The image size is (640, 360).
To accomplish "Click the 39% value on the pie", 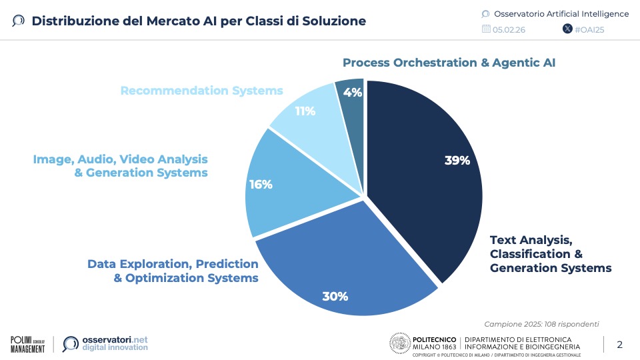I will (x=457, y=160).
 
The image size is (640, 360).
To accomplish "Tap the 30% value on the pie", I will (x=335, y=296).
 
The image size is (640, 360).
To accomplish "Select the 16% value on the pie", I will (x=261, y=185).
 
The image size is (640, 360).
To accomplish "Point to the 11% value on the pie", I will (x=305, y=111).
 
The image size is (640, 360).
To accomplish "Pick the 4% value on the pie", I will (x=353, y=93).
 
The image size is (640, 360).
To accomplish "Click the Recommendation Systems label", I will (x=201, y=91).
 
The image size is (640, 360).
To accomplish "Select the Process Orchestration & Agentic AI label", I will (x=449, y=63).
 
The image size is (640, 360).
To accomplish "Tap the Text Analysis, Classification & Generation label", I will (x=549, y=254).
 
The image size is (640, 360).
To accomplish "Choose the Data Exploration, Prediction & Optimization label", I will (x=173, y=271).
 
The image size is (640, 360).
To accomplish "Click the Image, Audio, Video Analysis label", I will (x=121, y=166).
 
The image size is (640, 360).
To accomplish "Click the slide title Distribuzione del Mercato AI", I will (x=199, y=21).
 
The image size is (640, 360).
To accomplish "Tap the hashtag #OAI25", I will (x=590, y=29).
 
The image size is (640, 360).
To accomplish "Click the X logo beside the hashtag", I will (x=567, y=29).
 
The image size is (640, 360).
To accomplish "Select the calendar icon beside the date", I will (x=485, y=29).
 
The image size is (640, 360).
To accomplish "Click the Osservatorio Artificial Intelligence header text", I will (x=561, y=13).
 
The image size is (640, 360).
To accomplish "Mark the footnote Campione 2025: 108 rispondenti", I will (x=541, y=324).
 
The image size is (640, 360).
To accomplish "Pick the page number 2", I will (x=619, y=344).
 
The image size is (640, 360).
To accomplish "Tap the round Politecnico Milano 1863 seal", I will (x=399, y=343).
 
